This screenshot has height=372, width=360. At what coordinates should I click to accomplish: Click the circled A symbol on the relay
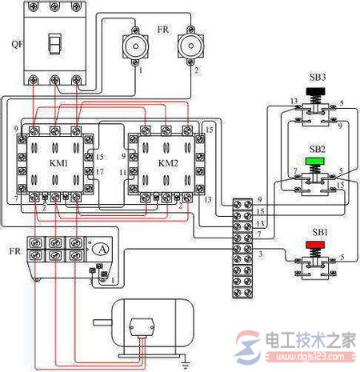coord(102,249)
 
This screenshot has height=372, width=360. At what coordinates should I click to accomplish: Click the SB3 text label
coord(317,78)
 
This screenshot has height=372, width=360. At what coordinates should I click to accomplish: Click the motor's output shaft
coord(102,324)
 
